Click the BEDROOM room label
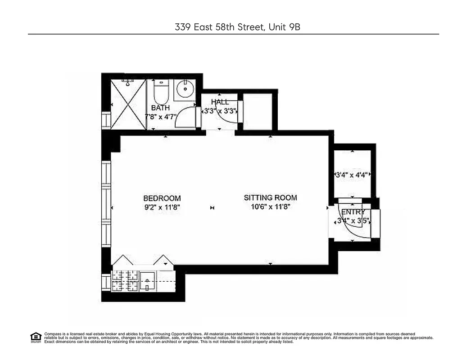[162, 198]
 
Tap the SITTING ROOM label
[270, 198]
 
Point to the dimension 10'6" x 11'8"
[270, 207]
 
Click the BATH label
[160, 108]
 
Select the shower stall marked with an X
[128, 104]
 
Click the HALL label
[220, 102]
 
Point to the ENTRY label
[353, 212]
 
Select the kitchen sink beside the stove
[147, 282]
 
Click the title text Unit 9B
[284, 27]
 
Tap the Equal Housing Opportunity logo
[36, 337]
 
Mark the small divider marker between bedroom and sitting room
[213, 208]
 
